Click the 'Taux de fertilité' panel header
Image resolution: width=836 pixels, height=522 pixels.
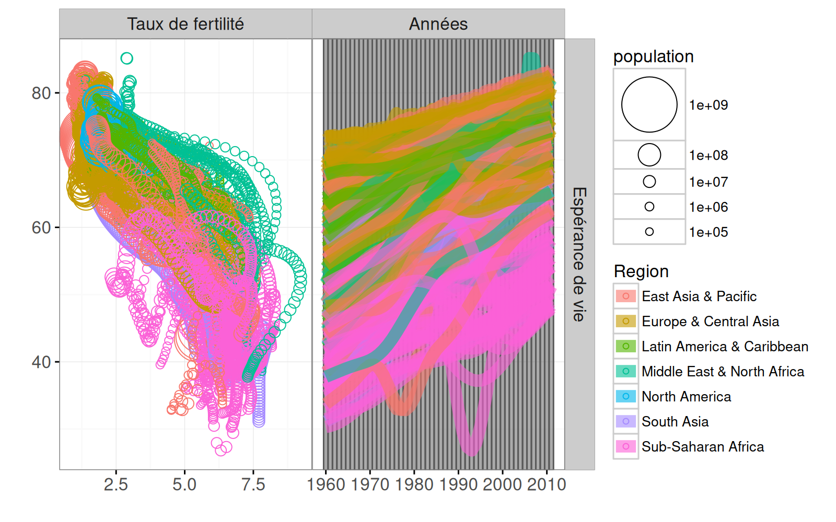point(185,24)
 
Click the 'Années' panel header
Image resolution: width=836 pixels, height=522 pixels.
point(438,24)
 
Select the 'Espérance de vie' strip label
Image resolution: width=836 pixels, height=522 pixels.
point(579,254)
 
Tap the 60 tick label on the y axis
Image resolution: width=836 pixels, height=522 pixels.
point(41,228)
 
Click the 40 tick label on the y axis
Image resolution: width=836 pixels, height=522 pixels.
point(41,362)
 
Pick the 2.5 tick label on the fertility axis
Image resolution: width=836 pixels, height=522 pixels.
point(115,485)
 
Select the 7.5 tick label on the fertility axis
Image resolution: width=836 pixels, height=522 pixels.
point(253,485)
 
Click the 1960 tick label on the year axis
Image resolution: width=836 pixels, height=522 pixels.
point(326,485)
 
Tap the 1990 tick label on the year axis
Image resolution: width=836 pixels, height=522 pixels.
point(458,485)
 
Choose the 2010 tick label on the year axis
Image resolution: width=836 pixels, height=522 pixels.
point(547,485)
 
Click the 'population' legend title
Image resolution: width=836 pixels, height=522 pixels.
point(653,56)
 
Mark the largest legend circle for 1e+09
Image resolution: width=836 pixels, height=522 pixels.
point(649,104)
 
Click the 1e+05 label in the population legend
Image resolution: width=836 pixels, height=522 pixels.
point(709,232)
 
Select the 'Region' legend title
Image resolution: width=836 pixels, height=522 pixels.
point(641,271)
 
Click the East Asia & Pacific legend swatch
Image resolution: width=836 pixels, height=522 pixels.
point(626,296)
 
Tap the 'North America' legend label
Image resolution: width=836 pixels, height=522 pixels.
point(686,397)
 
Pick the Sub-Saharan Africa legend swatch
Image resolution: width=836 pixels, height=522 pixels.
point(626,447)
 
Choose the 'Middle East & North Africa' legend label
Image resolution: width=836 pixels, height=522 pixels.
point(723,372)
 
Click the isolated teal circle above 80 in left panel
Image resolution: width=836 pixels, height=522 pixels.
point(126,58)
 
